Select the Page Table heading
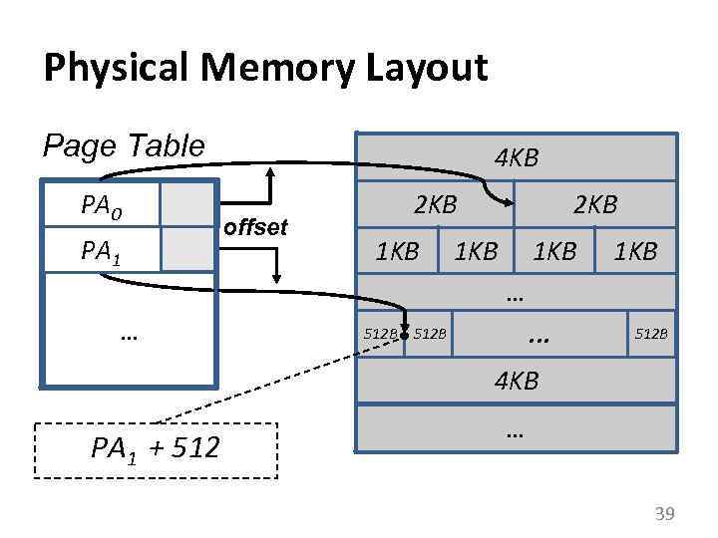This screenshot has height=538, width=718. [124, 146]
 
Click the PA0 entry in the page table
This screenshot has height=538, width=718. [102, 208]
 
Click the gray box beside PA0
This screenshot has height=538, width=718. [187, 204]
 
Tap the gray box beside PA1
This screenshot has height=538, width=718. [187, 249]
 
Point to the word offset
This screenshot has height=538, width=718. [256, 228]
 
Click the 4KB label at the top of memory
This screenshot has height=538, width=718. [517, 157]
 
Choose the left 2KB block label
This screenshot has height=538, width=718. [435, 205]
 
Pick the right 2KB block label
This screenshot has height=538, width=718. [595, 205]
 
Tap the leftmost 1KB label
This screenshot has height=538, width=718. [397, 251]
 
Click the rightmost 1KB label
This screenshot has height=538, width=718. [635, 251]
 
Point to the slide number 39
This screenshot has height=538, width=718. [663, 513]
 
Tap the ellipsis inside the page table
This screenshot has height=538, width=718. [128, 336]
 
